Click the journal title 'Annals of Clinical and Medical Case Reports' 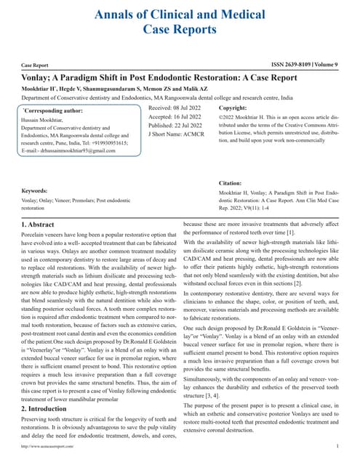[x=180, y=21]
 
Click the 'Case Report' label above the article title [x=36, y=65]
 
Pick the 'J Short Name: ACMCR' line [x=175, y=135]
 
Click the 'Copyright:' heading [x=233, y=108]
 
